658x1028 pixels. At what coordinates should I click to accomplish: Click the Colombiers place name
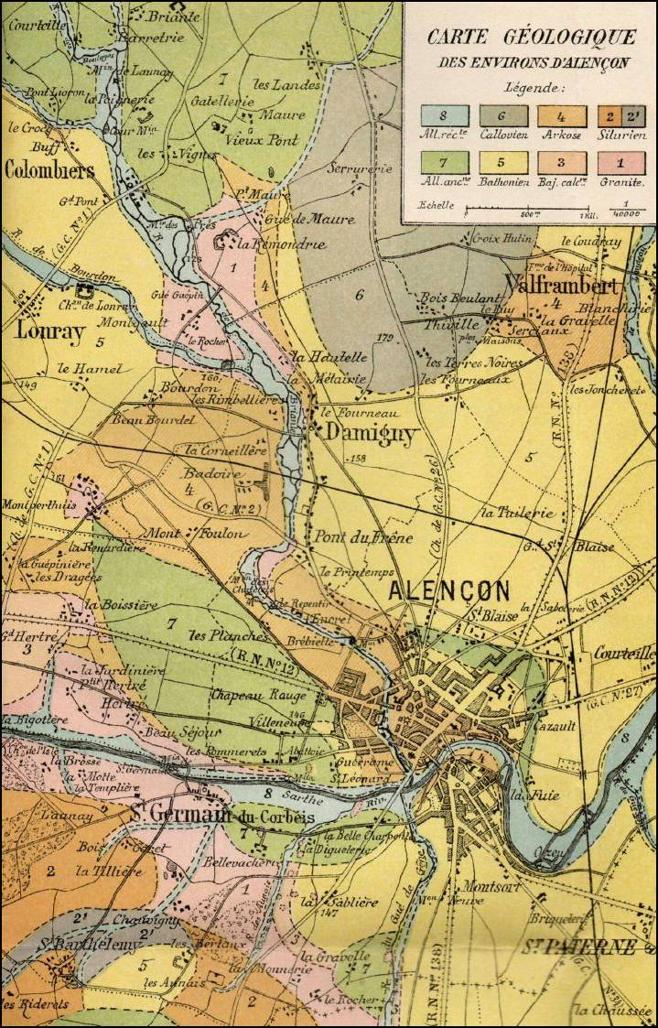49,170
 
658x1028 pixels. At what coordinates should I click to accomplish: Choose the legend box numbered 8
444,116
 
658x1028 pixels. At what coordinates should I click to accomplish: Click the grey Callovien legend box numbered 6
502,116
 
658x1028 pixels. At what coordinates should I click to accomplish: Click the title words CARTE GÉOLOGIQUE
531,38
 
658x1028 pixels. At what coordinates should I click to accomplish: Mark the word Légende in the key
534,89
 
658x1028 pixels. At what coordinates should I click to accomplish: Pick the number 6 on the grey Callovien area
360,295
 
